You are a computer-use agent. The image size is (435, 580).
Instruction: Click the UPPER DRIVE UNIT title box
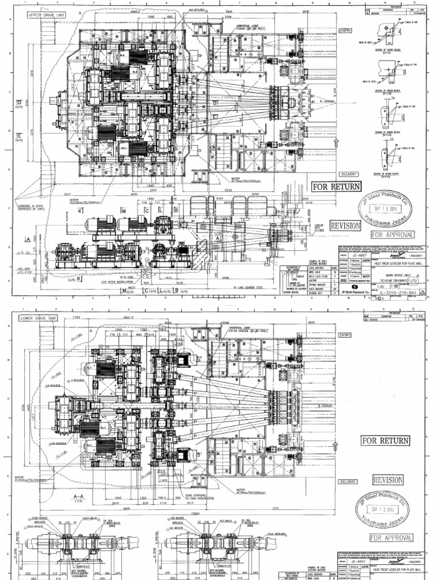point(39,15)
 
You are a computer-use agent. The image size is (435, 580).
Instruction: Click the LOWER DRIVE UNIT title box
point(39,318)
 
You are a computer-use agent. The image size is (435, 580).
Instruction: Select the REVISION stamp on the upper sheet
point(345,225)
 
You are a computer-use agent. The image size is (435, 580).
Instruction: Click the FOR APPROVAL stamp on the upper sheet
point(392,234)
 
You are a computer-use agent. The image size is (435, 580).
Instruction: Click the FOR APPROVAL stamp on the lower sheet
point(391,553)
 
